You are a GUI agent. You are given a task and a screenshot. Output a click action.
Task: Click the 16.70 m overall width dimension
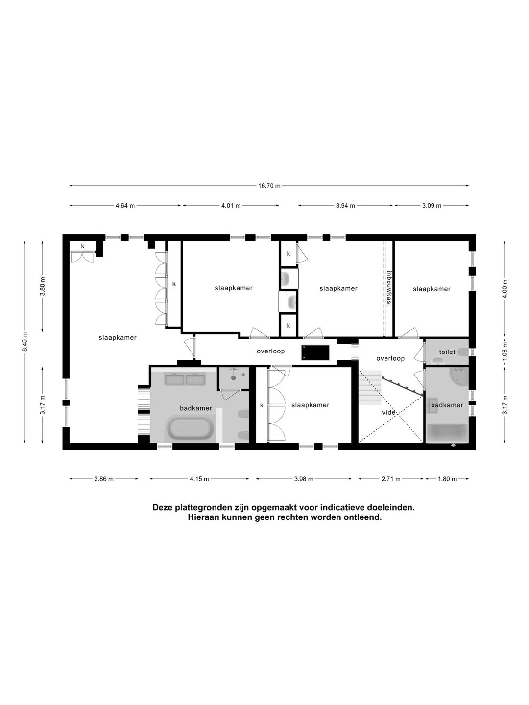pos(270,186)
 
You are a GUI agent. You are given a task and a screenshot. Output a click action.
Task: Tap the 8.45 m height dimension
pos(25,341)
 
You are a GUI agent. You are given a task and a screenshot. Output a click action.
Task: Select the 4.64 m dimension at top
pos(125,206)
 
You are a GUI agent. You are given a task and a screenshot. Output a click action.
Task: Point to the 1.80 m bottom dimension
pos(447,479)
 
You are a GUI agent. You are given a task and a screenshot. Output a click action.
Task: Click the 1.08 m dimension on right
pos(505,350)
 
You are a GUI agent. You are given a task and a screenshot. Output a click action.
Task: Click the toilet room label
pos(447,352)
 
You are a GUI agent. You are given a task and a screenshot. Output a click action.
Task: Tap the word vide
pos(388,412)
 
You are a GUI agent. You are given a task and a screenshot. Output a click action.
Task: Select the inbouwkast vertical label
pos(389,288)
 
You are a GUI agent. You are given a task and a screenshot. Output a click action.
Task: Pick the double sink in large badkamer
pos(184,379)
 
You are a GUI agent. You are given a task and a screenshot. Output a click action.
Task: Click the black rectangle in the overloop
pos(315,352)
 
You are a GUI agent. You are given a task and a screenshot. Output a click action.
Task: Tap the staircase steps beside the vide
pos(370,388)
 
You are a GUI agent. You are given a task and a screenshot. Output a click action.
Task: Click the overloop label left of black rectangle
pos(271,352)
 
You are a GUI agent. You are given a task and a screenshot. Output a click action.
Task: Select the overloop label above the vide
pos(390,358)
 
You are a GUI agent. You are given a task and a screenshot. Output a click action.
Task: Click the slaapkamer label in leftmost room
pos(117,337)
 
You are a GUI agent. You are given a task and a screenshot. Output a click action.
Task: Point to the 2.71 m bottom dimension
pos(390,479)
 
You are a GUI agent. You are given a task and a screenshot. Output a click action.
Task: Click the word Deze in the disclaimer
pos(163,508)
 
